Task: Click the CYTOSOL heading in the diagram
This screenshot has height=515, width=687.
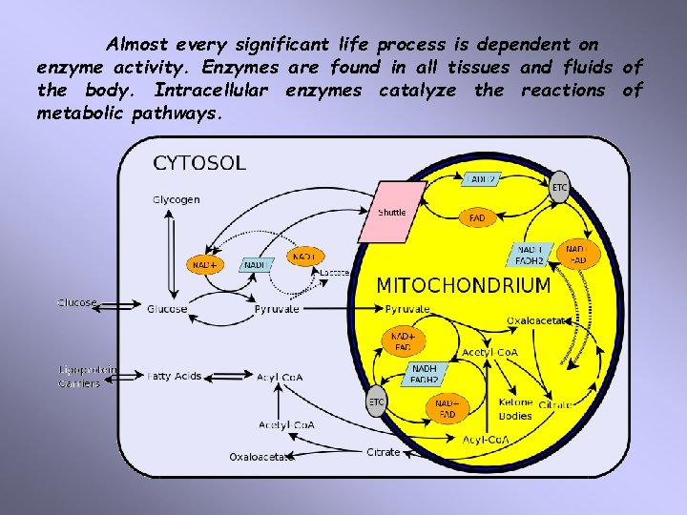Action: (x=199, y=163)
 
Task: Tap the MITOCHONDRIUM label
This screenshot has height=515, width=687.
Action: (x=463, y=285)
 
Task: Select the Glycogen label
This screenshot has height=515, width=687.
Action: (x=176, y=199)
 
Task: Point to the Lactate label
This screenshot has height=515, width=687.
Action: (x=335, y=273)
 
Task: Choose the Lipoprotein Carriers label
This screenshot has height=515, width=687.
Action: (x=87, y=376)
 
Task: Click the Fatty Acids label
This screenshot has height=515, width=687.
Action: (x=175, y=376)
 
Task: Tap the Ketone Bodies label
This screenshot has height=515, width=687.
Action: (x=515, y=409)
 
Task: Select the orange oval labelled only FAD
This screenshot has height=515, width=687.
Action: (x=478, y=218)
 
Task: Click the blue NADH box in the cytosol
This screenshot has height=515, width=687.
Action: (x=255, y=264)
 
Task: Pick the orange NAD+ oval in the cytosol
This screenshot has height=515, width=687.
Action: (x=202, y=264)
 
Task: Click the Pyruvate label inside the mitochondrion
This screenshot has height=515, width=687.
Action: (x=407, y=309)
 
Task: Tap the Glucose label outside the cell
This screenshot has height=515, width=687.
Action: (x=77, y=303)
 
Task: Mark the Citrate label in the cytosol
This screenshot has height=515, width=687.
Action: (x=384, y=452)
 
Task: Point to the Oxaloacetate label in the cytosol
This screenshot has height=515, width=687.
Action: (x=260, y=457)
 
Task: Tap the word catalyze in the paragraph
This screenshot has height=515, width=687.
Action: (x=420, y=91)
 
